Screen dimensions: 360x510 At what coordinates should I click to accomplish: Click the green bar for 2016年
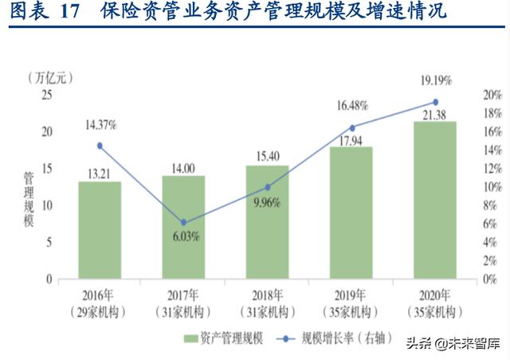coord(100,230)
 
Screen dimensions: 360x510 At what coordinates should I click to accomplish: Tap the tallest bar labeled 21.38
coord(434,200)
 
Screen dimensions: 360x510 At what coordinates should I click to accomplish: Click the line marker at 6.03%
coord(183,222)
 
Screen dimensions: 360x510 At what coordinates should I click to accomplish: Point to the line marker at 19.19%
coord(435,102)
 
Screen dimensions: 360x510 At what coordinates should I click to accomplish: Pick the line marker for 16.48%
coord(351,127)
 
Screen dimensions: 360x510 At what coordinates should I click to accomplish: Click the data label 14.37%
coord(101,125)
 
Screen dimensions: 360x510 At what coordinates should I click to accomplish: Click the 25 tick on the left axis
coord(45,95)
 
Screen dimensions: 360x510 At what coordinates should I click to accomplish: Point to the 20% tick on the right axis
coord(492,95)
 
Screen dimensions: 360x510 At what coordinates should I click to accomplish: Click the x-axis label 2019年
coord(351,293)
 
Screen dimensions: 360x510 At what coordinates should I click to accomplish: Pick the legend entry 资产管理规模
coord(226,338)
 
